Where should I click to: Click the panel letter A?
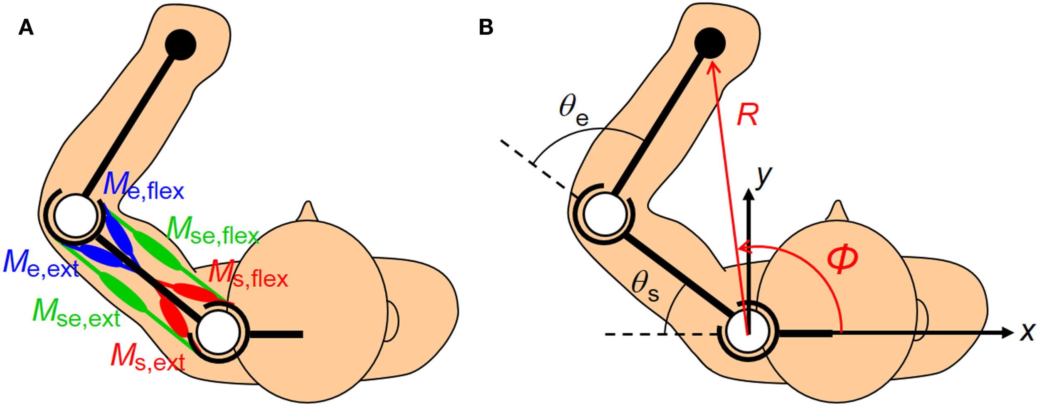(x=26, y=28)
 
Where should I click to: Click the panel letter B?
(x=486, y=28)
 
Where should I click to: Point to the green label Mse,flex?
(x=212, y=231)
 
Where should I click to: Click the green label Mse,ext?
(x=76, y=314)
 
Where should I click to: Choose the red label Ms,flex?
(x=248, y=274)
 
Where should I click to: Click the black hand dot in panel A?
(x=180, y=44)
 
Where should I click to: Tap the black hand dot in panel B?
(x=710, y=43)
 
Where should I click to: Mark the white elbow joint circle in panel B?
(x=604, y=214)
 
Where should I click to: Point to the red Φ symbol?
(x=842, y=258)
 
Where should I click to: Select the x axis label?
(x=1027, y=332)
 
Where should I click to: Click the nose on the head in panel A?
(x=308, y=211)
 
